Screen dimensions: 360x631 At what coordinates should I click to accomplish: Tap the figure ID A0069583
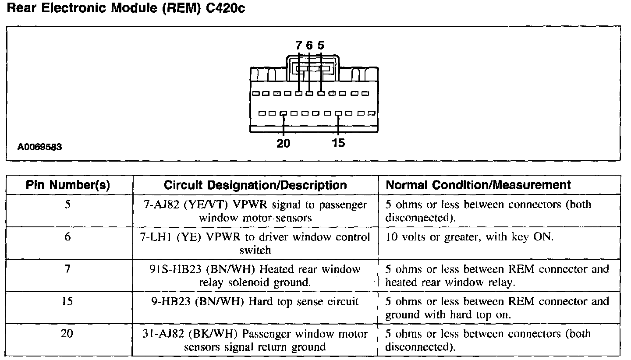[40, 148]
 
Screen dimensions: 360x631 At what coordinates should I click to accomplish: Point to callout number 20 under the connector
[284, 143]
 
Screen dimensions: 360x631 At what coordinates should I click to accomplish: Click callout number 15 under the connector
[339, 143]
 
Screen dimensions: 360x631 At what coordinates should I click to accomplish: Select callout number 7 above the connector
[299, 45]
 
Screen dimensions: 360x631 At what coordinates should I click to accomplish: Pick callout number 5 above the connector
[321, 45]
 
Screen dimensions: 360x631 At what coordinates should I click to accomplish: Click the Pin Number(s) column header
[68, 185]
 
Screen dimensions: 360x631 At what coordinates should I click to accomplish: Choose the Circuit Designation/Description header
[255, 185]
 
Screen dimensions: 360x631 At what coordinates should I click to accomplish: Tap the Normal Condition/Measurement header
[478, 185]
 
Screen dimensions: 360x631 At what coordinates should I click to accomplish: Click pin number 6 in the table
[67, 237]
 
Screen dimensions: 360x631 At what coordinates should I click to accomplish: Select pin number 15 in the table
[67, 302]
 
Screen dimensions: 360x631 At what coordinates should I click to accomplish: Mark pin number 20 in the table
[67, 334]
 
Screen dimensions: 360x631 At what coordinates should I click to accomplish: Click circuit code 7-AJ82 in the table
[159, 205]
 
